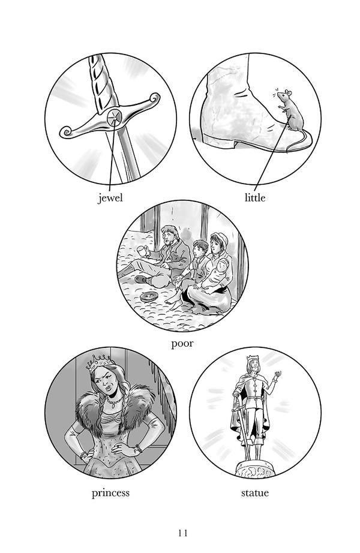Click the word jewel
pyautogui.click(x=110, y=197)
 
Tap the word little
pyautogui.click(x=255, y=197)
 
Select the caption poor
pyautogui.click(x=182, y=344)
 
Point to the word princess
pyautogui.click(x=110, y=493)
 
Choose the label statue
pyautogui.click(x=255, y=492)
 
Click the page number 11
pyautogui.click(x=183, y=533)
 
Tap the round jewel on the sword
pyautogui.click(x=115, y=117)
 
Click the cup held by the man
pyautogui.click(x=142, y=251)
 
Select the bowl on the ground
pyautogui.click(x=149, y=297)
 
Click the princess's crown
pyautogui.click(x=100, y=362)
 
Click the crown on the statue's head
pyautogui.click(x=253, y=358)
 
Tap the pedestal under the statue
pyautogui.click(x=255, y=468)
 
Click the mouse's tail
pyautogui.click(x=299, y=141)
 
